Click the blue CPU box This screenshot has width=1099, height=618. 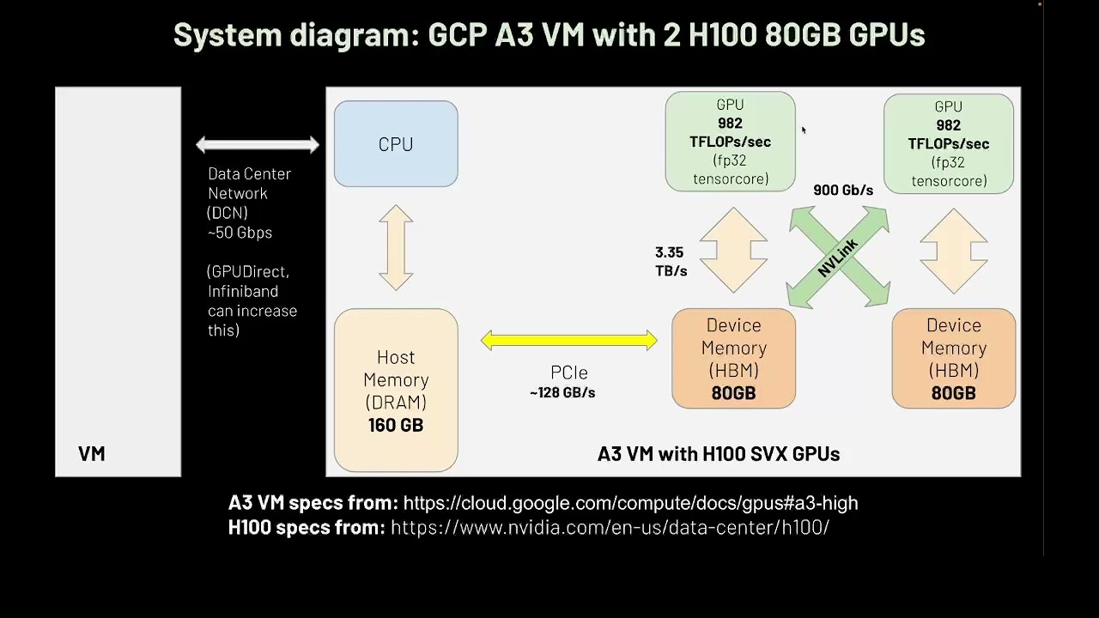(x=396, y=143)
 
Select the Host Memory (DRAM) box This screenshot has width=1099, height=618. (x=396, y=390)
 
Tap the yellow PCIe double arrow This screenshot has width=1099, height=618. (x=569, y=341)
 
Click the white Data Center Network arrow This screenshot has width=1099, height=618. (x=258, y=145)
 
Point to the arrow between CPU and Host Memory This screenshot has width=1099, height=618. (x=396, y=248)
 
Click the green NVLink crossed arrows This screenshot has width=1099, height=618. (x=839, y=257)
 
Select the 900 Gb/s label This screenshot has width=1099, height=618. (x=843, y=191)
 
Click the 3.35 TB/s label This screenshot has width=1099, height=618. (x=671, y=262)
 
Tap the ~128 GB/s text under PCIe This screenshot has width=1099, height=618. (x=562, y=393)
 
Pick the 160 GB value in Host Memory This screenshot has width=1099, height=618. (x=396, y=425)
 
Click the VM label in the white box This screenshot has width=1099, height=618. (x=92, y=454)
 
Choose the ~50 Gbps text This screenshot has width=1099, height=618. (x=240, y=233)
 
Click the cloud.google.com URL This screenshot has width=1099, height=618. (x=630, y=503)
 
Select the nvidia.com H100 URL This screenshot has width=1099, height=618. (x=610, y=528)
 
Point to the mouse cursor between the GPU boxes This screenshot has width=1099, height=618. (x=804, y=130)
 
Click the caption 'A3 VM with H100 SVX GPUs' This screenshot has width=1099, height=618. (x=719, y=454)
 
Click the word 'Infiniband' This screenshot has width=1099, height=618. (x=243, y=291)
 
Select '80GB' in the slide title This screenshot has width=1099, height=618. (x=803, y=35)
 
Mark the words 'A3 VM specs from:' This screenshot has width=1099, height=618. (x=313, y=503)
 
